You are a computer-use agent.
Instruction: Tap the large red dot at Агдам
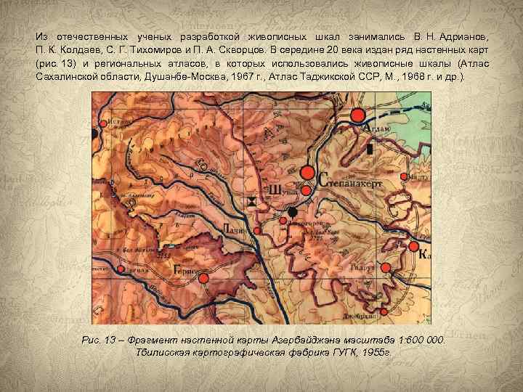(357, 115)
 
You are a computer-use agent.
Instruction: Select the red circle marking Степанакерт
(307, 173)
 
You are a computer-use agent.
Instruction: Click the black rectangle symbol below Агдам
(370, 149)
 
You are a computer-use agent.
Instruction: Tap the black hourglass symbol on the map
(252, 201)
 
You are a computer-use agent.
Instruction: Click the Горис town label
(187, 267)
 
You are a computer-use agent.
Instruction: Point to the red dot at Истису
(103, 124)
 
